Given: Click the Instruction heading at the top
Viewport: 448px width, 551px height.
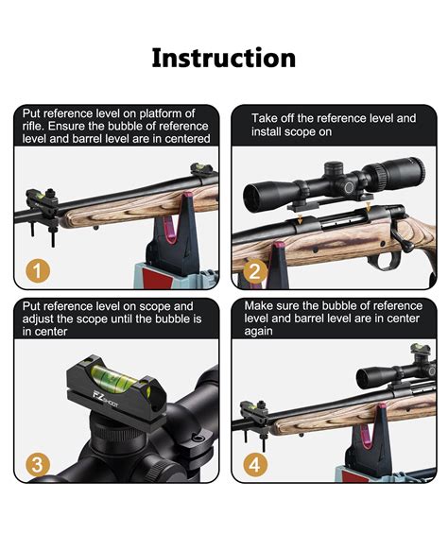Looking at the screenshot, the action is point(224,58).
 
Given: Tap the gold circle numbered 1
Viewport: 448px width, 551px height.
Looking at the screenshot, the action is point(38,271).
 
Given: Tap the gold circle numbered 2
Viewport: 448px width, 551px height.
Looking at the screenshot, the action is point(255,271).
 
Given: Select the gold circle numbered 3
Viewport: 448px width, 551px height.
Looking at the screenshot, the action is point(38,465).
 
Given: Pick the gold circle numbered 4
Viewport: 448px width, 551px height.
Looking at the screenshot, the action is point(255,465).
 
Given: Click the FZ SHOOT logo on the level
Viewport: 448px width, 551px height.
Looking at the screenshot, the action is point(105,400).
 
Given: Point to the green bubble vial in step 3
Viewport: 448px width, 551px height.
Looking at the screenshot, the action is point(112,377).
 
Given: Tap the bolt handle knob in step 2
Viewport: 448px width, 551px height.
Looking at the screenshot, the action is point(408,249).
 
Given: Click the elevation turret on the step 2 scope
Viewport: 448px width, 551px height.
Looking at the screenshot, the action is point(334,169).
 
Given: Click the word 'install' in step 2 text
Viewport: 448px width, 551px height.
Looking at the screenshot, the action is point(267,131).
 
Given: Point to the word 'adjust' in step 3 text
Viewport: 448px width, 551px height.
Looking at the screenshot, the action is point(37,319).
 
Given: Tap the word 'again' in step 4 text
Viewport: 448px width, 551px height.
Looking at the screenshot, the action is point(259,332).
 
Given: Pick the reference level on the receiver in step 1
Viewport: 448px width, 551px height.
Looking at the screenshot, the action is point(203,170).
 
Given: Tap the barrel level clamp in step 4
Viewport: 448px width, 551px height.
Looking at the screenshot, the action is point(253,418).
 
